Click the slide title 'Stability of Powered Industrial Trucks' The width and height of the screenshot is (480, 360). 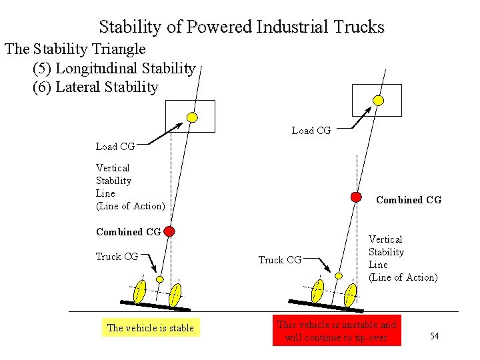tap(241, 27)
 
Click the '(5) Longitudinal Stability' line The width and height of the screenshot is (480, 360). tap(114, 68)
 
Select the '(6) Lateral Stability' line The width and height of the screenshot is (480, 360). tap(95, 87)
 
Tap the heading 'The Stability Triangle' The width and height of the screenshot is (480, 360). tap(75, 49)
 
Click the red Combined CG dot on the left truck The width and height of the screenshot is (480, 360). tap(169, 231)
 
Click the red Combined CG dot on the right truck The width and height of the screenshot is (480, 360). tap(357, 197)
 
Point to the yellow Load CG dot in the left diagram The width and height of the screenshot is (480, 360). tap(192, 117)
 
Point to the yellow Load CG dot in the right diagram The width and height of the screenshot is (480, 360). tap(378, 101)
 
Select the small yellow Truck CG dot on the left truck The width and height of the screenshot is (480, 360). tap(160, 279)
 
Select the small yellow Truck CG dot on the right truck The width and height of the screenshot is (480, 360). tap(339, 275)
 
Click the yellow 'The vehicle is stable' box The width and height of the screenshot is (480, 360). tap(151, 327)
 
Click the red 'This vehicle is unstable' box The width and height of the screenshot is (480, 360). tap(337, 331)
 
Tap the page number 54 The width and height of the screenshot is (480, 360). tap(434, 336)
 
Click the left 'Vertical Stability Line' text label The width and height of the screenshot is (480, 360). tap(130, 187)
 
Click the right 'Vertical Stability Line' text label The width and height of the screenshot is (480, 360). tap(403, 258)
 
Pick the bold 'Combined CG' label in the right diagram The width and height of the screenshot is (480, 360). tap(409, 200)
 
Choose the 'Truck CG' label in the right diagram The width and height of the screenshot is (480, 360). tap(280, 260)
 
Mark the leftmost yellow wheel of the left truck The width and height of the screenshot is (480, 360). tap(139, 291)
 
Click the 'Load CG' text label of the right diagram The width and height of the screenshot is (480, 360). tap(311, 131)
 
